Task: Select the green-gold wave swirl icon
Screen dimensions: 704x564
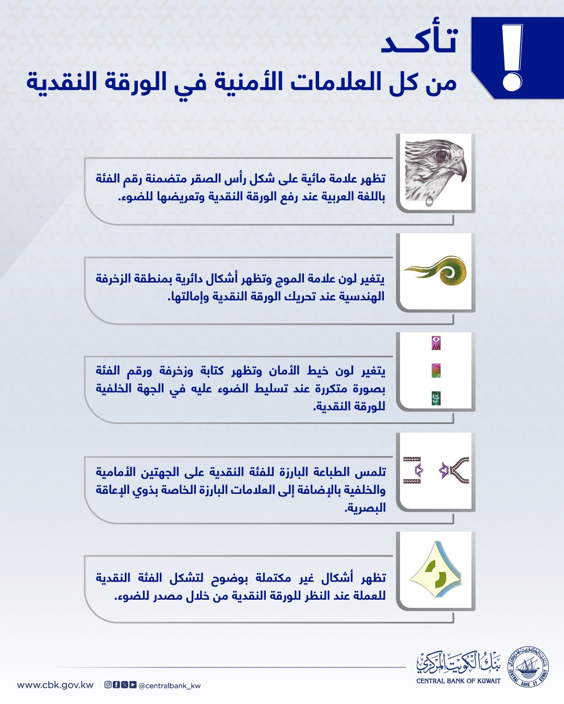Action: (x=436, y=270)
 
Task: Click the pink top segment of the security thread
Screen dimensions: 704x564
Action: (x=436, y=343)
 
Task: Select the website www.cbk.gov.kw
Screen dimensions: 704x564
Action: (x=55, y=685)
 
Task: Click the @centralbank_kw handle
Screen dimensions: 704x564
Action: (x=170, y=686)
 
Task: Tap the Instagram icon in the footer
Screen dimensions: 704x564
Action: (x=108, y=685)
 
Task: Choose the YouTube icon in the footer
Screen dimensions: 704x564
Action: (x=133, y=685)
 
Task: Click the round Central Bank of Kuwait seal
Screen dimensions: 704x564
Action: (x=529, y=666)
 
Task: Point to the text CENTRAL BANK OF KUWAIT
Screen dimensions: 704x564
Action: (x=459, y=681)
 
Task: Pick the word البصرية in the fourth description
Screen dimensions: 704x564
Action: (x=365, y=507)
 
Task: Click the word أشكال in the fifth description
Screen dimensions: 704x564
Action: (x=337, y=578)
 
